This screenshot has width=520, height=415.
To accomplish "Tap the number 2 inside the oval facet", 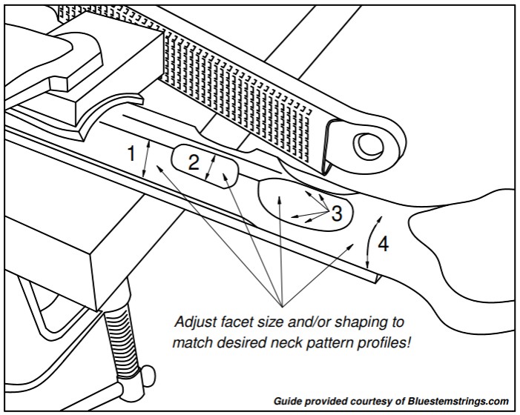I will (x=194, y=163).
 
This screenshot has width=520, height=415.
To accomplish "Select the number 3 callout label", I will (x=337, y=215).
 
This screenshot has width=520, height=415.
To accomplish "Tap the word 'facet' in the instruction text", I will (x=238, y=323).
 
